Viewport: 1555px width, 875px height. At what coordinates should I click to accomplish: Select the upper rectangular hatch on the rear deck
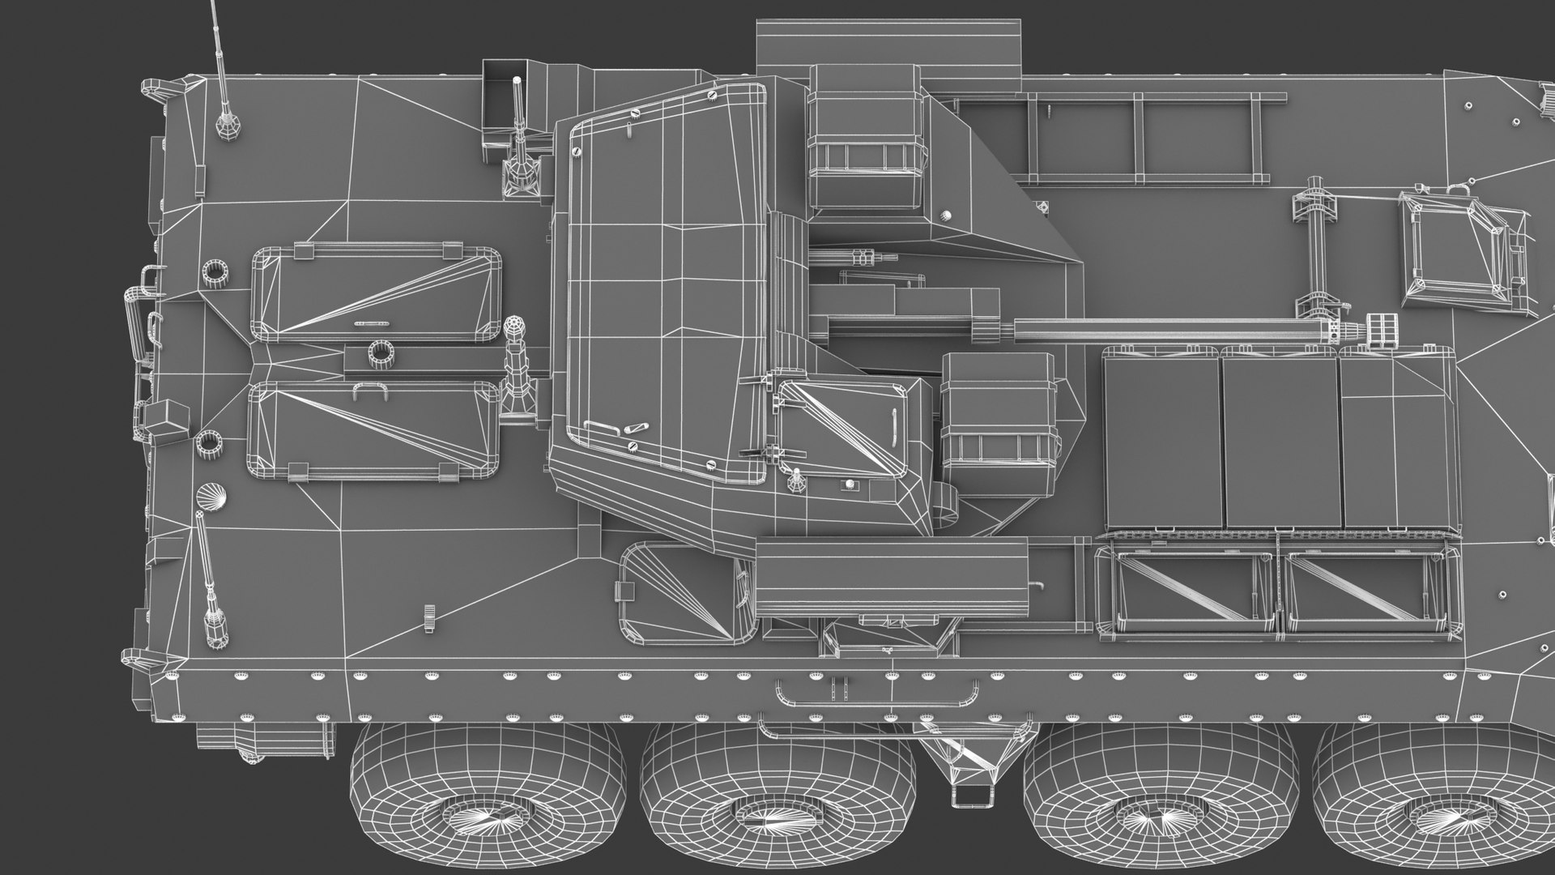coord(377,293)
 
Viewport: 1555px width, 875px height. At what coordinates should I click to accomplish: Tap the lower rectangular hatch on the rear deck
coord(373,429)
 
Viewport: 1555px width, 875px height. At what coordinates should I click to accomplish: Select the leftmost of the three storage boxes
coord(1161,442)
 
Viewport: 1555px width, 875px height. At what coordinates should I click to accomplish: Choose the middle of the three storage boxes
coord(1280,442)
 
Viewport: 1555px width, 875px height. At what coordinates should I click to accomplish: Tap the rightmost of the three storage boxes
coord(1398,442)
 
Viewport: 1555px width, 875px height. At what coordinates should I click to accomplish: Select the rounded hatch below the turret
coord(680,591)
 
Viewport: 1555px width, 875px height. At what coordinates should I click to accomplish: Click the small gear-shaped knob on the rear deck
coord(427,617)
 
